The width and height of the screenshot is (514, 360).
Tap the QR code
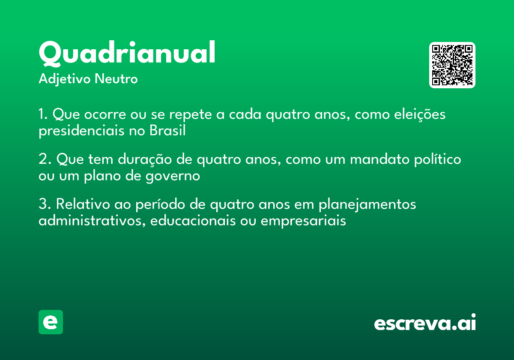click(452, 65)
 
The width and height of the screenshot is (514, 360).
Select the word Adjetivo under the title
click(65, 79)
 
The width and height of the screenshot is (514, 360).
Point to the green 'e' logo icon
click(51, 322)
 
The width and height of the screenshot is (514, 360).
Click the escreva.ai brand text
click(425, 323)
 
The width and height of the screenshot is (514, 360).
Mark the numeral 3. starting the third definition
click(44, 204)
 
